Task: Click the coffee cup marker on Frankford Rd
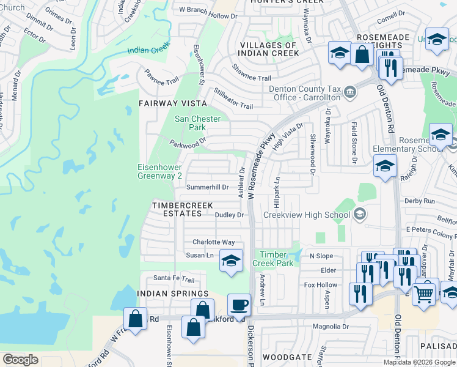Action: click(239, 304)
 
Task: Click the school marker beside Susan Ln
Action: click(231, 261)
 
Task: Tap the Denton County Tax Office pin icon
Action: click(349, 92)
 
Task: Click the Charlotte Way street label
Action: click(213, 242)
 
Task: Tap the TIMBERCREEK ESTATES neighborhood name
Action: click(177, 209)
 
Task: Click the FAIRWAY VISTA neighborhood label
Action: click(169, 104)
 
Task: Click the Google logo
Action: click(20, 359)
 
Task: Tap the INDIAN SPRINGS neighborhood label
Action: click(173, 294)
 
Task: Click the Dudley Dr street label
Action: click(229, 215)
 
